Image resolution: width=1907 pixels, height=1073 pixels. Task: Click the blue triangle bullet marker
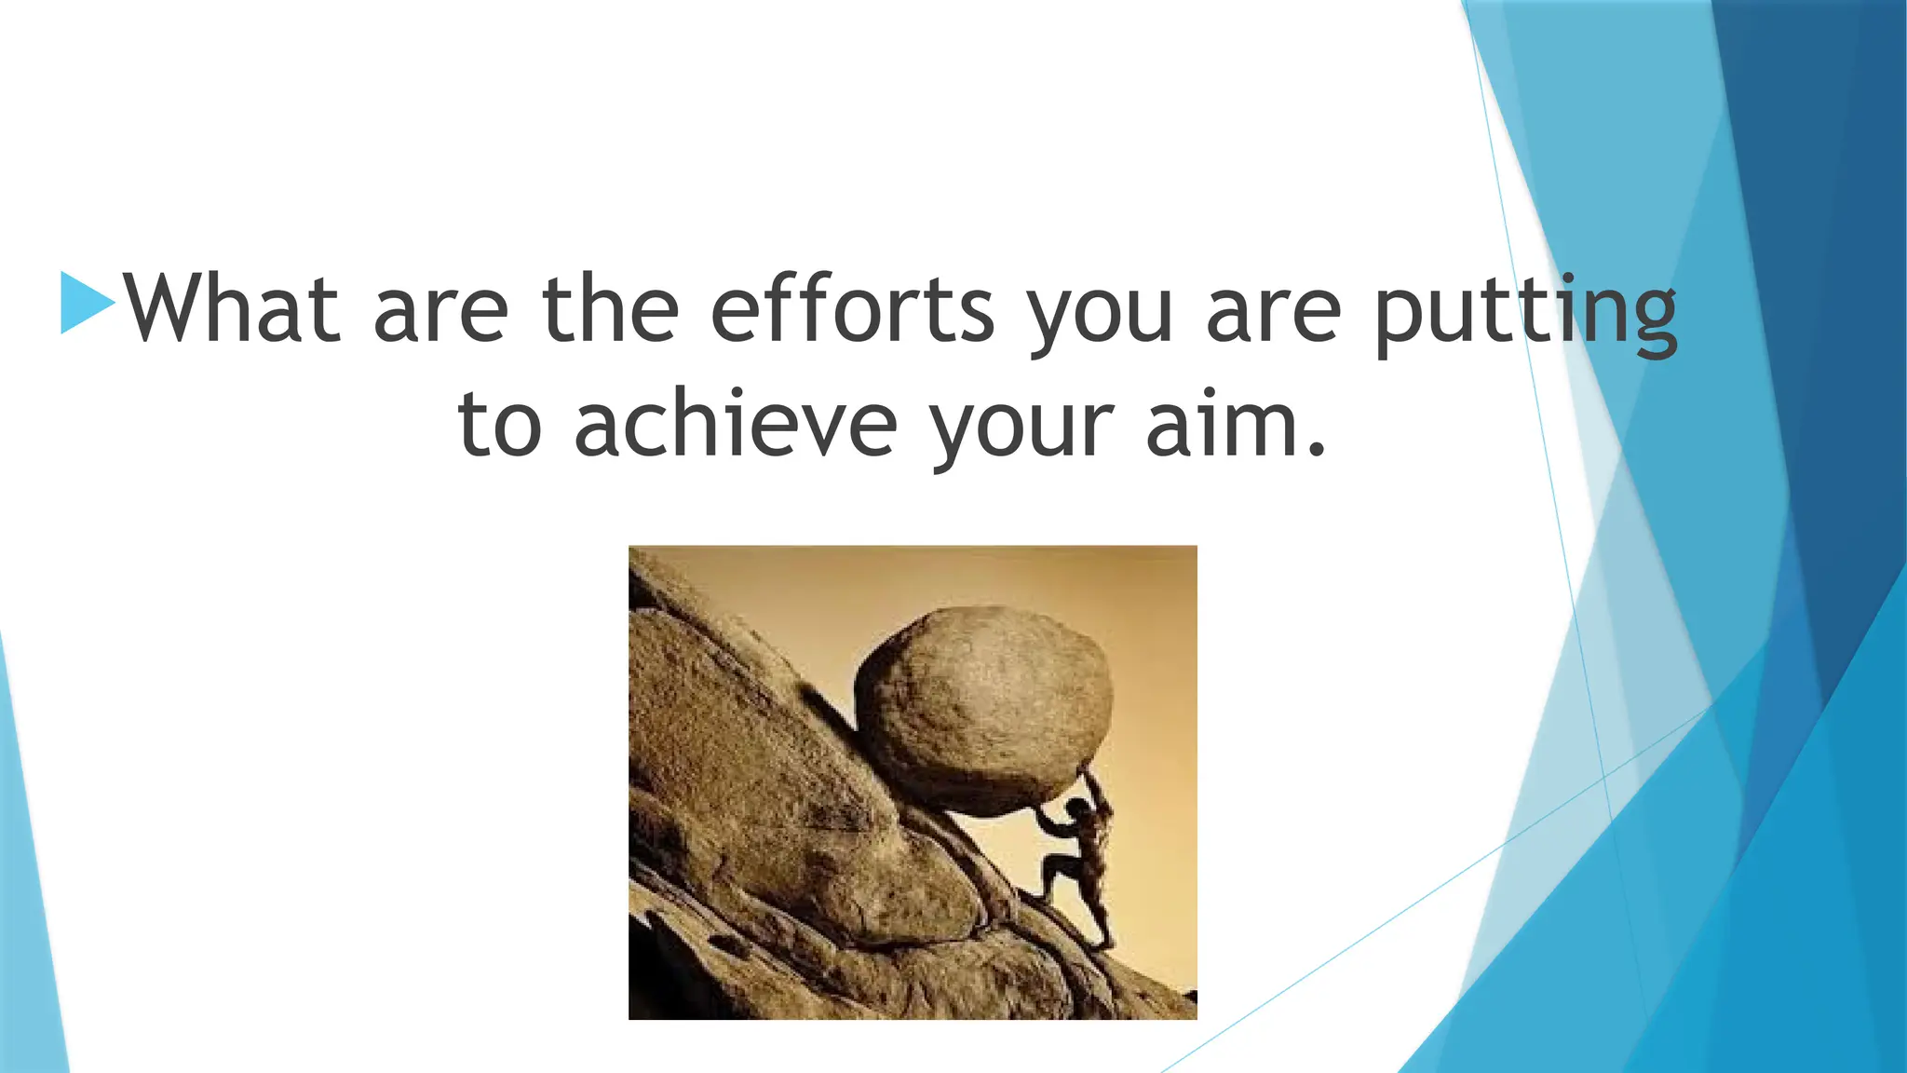coord(86,303)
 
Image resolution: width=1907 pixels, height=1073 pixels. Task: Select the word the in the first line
coord(611,308)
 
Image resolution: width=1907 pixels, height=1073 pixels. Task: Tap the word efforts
coord(852,308)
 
